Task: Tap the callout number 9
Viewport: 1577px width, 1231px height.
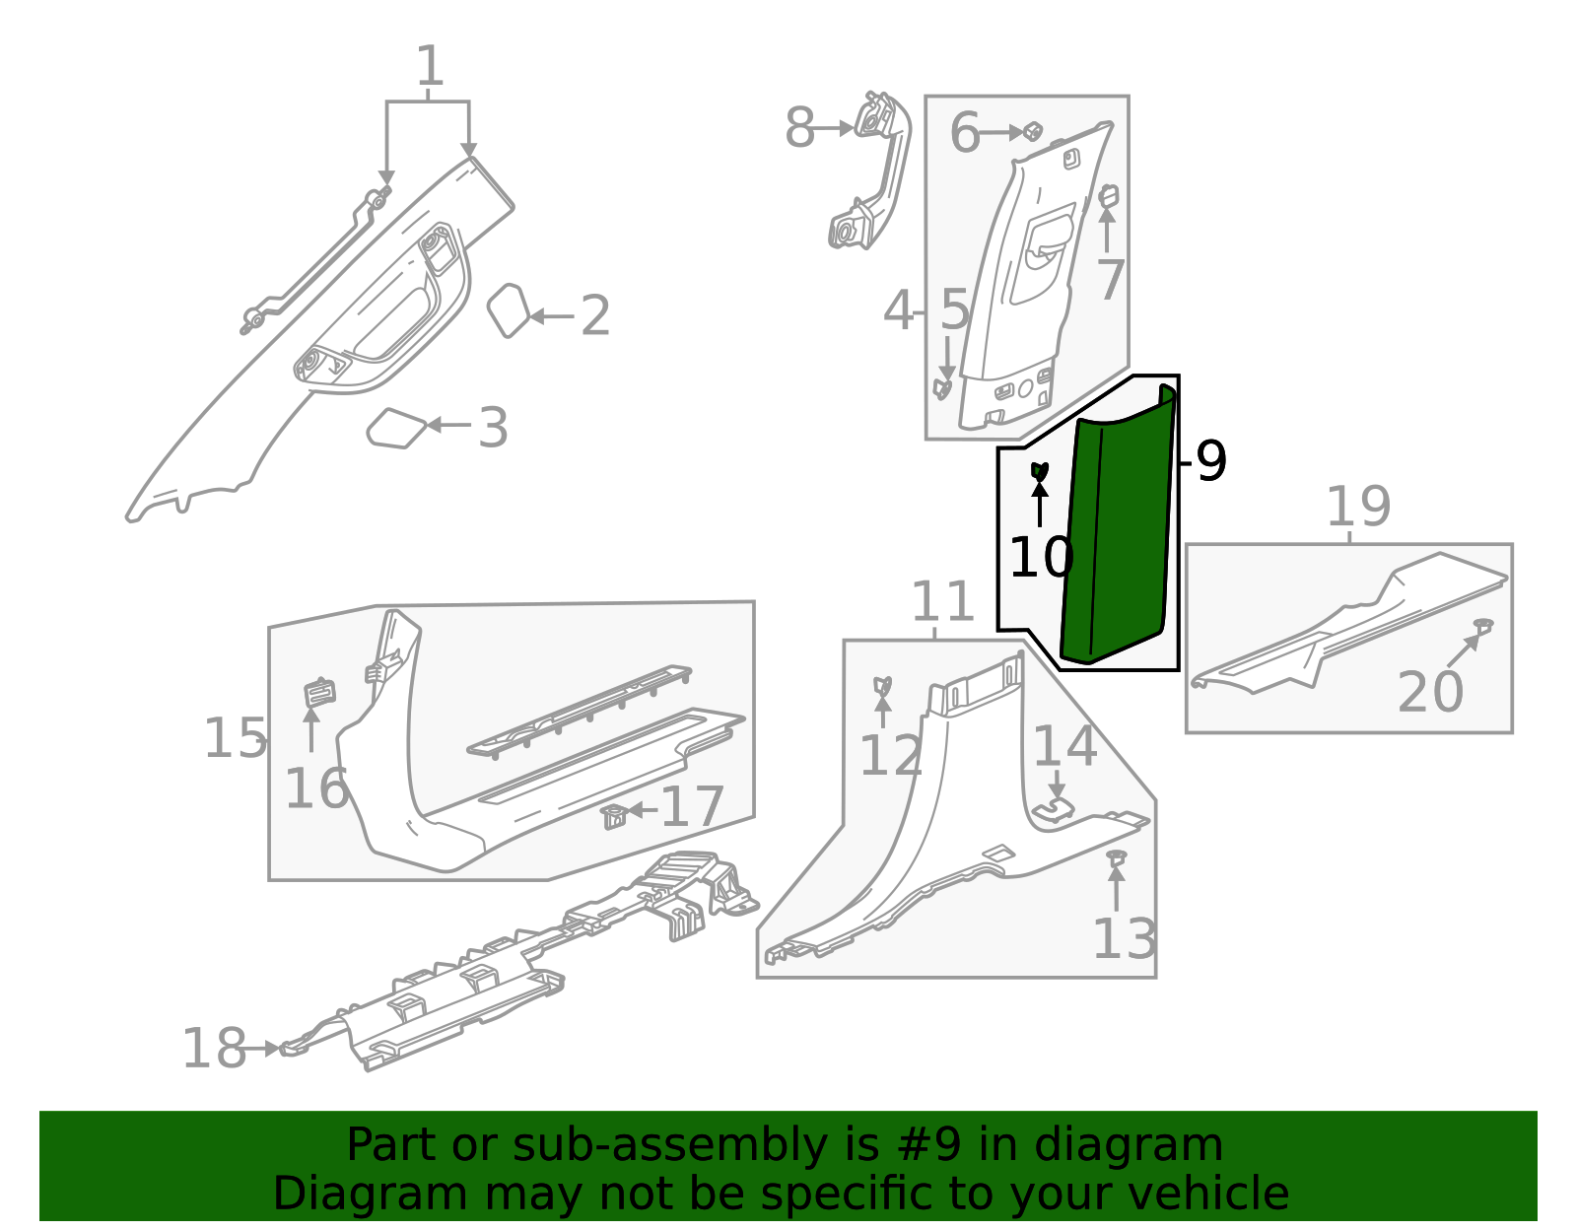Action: tap(1210, 461)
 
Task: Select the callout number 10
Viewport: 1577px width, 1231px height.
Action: tap(1041, 558)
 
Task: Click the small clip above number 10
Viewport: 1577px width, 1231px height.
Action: tap(1040, 470)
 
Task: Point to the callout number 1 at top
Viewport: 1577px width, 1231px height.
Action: tap(430, 67)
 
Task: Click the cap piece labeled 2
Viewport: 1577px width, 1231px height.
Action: tap(509, 309)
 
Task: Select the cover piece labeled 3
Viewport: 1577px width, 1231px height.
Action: tap(396, 428)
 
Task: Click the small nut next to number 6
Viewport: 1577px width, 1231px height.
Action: tap(1032, 131)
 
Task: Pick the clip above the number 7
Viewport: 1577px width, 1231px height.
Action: tap(1108, 195)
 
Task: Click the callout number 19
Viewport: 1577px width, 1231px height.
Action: tap(1357, 508)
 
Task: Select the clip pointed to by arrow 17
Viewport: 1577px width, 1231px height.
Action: tap(614, 816)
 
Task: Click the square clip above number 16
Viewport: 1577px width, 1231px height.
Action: tap(318, 692)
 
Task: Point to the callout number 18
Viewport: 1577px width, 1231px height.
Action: tap(214, 1049)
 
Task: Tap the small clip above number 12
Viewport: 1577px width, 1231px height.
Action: tap(883, 685)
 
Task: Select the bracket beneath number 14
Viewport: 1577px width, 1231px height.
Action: tap(1054, 809)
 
